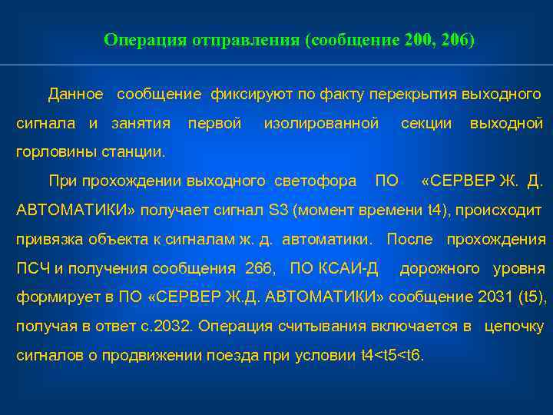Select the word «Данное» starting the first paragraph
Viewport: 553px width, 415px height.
pyautogui.click(x=75, y=95)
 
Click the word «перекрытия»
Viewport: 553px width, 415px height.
pyautogui.click(x=412, y=95)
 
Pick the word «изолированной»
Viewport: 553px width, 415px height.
pyautogui.click(x=321, y=123)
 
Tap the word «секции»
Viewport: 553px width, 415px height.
pyautogui.click(x=426, y=123)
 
